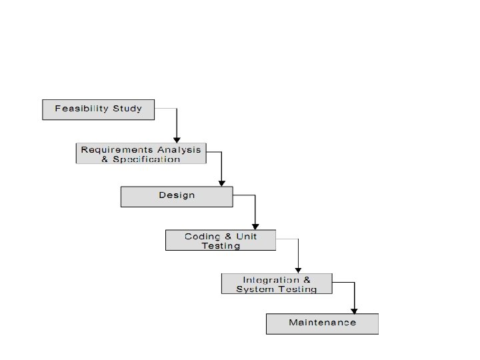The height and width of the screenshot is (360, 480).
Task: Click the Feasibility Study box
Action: click(x=98, y=109)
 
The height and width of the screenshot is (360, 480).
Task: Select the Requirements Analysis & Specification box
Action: click(x=140, y=153)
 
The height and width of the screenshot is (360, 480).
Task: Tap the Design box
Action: click(x=177, y=196)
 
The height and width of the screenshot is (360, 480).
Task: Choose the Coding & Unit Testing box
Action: click(x=220, y=240)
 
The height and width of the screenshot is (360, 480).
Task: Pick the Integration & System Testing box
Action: click(x=277, y=284)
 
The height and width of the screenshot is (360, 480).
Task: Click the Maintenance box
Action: click(x=322, y=323)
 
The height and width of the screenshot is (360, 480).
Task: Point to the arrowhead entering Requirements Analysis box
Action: click(x=177, y=139)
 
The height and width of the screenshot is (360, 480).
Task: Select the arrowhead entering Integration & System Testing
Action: click(x=298, y=270)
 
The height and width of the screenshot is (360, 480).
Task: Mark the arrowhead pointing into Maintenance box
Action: click(x=354, y=310)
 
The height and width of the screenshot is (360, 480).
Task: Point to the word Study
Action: click(x=128, y=108)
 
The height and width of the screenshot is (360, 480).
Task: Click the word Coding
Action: click(x=199, y=237)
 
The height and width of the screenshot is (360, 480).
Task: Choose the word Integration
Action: click(x=267, y=279)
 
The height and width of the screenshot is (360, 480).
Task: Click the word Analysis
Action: click(x=179, y=149)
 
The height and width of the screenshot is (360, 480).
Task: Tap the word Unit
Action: click(x=245, y=237)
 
